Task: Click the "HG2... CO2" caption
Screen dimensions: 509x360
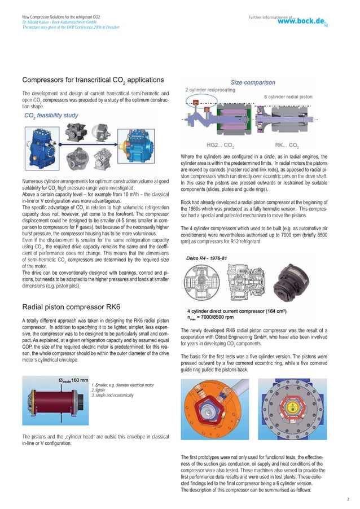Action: click(x=221, y=145)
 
